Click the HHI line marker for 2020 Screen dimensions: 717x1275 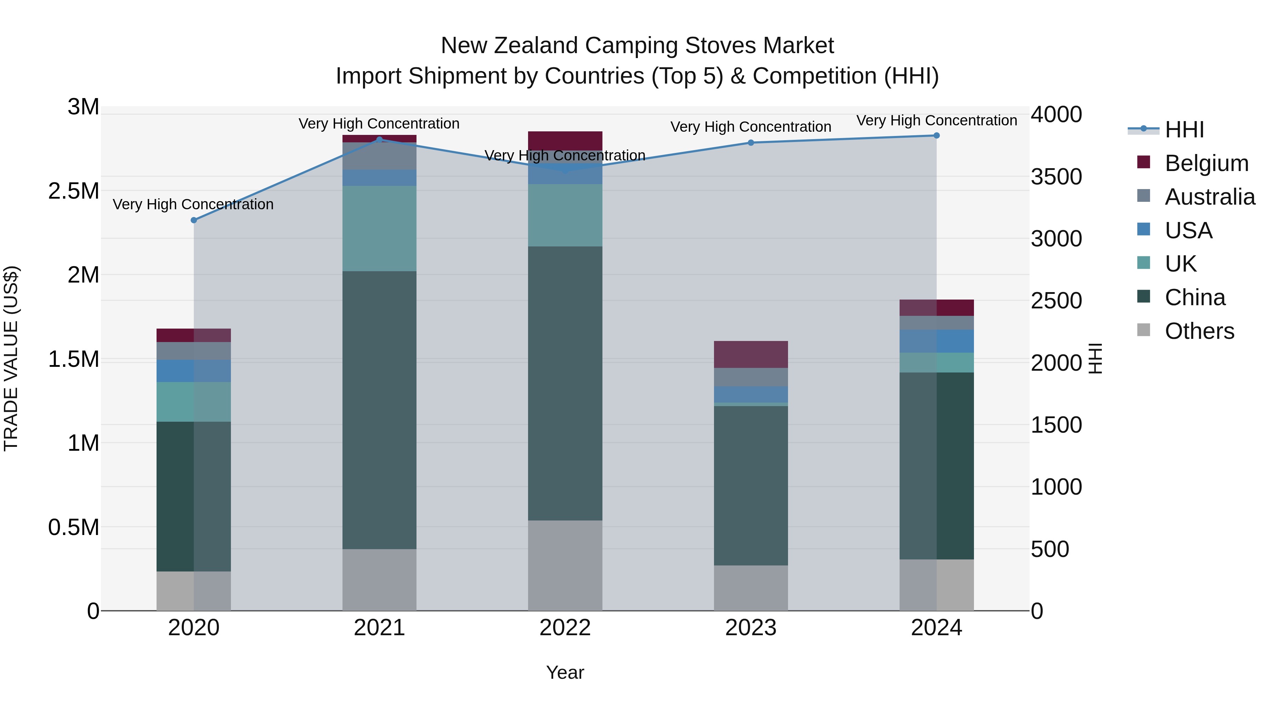pos(193,220)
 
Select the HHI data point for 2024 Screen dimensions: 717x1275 pos(936,136)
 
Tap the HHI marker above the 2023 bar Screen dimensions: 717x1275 pos(750,142)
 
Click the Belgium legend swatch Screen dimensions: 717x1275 pos(1143,162)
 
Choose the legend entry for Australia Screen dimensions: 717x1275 pos(1210,197)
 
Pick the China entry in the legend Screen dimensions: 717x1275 pos(1195,297)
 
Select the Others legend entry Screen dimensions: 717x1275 pos(1199,331)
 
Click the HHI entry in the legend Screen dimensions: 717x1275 pos(1184,130)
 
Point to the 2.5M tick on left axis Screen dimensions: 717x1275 pos(74,191)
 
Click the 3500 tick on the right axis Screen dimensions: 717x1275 pos(1056,177)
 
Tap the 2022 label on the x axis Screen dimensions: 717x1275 pos(565,628)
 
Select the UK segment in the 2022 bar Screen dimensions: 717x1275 pos(565,215)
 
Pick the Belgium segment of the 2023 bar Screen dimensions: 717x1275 pos(750,354)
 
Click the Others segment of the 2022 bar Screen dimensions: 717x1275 pos(565,565)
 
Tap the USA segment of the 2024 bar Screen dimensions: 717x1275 pos(936,341)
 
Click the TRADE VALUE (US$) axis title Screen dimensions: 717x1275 pos(11,358)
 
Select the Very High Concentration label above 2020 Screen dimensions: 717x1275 pos(193,204)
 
